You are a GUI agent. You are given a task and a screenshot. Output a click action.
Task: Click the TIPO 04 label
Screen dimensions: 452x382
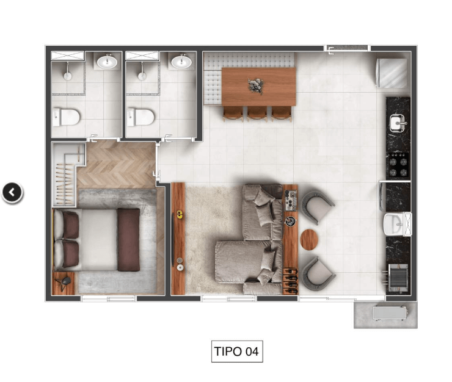point(237,351)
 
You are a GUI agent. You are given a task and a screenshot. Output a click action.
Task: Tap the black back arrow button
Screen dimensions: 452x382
point(12,192)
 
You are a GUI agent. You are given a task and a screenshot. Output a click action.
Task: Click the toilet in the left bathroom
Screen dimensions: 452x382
point(66,117)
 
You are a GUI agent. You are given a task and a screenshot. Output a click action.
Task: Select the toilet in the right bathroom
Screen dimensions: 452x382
point(140,117)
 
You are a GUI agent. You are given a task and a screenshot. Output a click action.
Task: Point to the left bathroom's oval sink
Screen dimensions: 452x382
point(107,62)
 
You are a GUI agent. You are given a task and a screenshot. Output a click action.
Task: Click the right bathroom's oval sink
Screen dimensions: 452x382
point(181,62)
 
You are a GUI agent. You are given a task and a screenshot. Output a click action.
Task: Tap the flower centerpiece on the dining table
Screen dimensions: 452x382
point(256,86)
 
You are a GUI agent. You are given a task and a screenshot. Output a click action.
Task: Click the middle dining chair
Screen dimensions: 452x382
point(257,114)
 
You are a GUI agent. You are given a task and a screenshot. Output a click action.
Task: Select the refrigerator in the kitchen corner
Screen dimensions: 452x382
point(392,73)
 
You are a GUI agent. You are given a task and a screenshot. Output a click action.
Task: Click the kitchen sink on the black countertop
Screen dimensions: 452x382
point(398,123)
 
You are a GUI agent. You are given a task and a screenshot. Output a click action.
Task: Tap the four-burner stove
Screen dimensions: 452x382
point(398,165)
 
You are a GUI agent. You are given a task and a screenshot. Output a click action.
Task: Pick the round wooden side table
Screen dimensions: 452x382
point(309,240)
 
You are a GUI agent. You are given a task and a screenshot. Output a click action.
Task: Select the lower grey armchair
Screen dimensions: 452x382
point(318,273)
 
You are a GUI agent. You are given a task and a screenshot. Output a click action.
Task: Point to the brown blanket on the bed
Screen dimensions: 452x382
point(128,240)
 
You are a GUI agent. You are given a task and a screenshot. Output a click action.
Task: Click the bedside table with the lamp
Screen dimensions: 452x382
point(64,283)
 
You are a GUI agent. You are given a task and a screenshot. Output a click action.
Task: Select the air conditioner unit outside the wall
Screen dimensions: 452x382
point(390,313)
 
